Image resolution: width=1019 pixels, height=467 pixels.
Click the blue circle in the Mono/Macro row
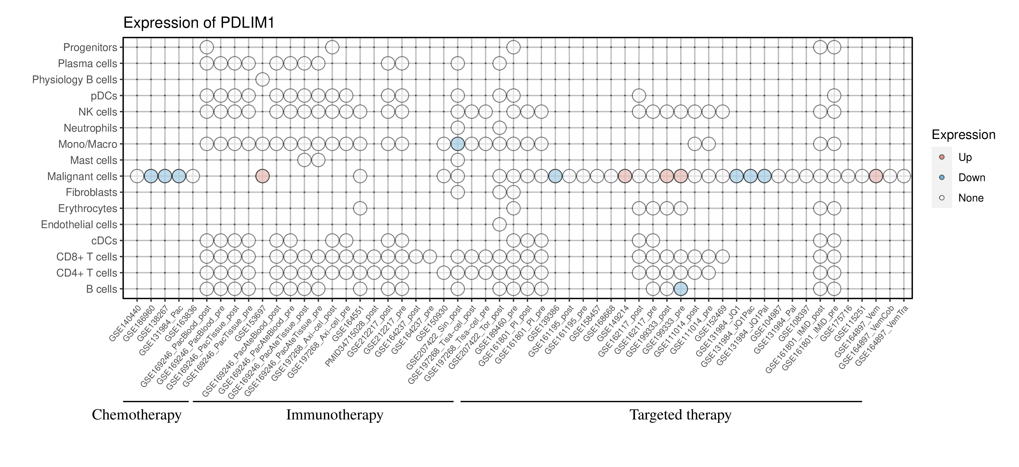coord(457,144)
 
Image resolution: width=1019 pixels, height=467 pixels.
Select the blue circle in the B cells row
coord(680,289)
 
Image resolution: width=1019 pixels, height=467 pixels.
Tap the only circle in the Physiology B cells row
coord(262,80)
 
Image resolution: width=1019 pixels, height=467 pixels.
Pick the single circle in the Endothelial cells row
coord(499,225)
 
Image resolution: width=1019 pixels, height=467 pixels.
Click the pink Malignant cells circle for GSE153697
coord(262,176)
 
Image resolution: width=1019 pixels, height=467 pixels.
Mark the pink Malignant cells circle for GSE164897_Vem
coord(876,176)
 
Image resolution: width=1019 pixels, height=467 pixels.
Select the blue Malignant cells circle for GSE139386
coord(555,176)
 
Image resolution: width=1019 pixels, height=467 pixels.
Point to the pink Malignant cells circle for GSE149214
coord(625,176)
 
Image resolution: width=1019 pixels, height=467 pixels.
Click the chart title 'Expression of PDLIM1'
coord(199,23)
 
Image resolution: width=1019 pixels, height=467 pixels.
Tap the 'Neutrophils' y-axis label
coord(90,128)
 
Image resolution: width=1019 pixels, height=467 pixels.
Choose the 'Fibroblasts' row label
coord(91,192)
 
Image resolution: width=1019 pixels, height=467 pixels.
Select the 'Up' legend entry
coord(965,157)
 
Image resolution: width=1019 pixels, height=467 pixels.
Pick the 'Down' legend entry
coord(971,177)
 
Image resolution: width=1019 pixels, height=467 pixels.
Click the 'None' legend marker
coord(942,198)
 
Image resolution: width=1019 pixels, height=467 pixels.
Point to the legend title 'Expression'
coord(963,135)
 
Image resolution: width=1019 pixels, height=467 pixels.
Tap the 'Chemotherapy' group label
coord(136,415)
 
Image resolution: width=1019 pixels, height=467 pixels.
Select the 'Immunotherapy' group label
coord(334,415)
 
